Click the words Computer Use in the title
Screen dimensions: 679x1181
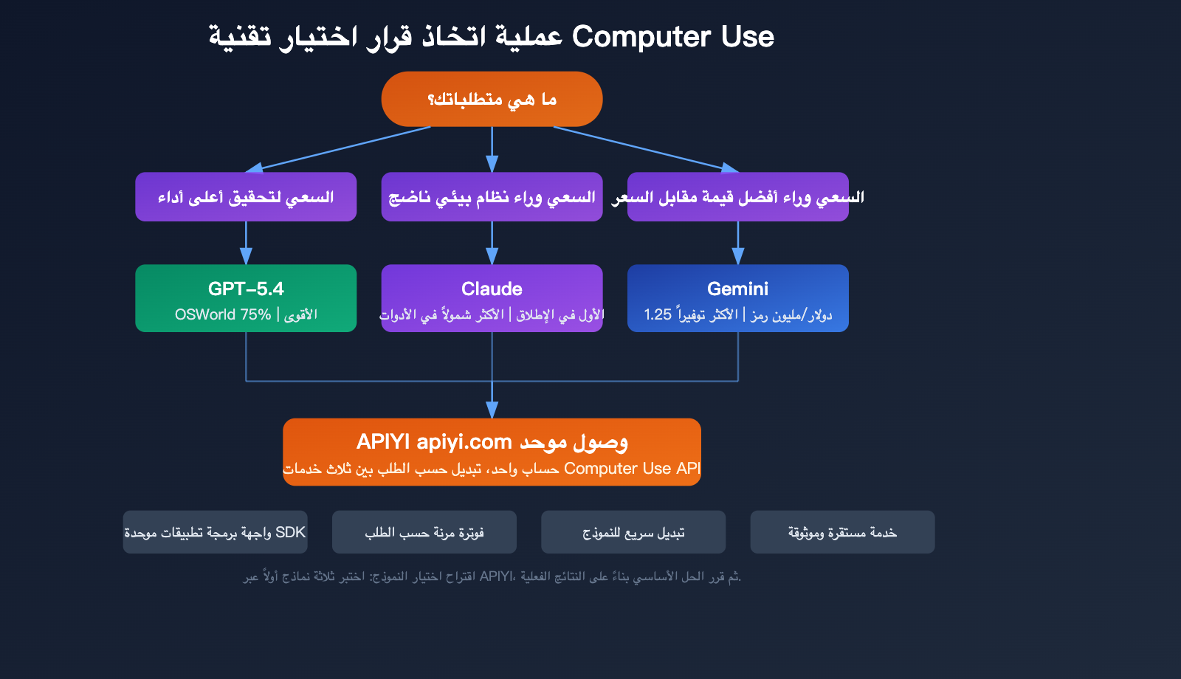pos(672,37)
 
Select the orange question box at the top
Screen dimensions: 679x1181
pos(492,99)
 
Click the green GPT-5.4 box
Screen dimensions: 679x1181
pos(246,298)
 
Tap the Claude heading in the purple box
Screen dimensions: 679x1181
pos(492,289)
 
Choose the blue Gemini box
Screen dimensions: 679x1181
pos(737,298)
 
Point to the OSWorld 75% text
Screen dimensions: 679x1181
pos(223,314)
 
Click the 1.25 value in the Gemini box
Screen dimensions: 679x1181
pos(657,314)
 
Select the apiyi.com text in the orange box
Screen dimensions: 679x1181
pos(464,441)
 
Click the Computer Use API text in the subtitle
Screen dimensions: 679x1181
pos(632,469)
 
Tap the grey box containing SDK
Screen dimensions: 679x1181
pos(215,532)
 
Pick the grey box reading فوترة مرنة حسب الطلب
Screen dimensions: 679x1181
pos(424,532)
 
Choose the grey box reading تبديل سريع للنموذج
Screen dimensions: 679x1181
pos(633,532)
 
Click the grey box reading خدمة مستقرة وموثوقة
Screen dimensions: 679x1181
pos(842,532)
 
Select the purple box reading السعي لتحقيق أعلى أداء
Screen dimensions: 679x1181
pos(246,197)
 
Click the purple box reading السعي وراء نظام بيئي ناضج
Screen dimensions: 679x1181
pos(492,197)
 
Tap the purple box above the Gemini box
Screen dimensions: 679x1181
pos(737,197)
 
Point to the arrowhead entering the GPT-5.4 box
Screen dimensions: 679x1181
pos(246,257)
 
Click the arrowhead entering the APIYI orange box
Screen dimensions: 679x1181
pos(492,410)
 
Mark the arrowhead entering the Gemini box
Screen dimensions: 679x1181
pos(737,257)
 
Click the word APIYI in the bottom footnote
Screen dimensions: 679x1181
pos(495,576)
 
